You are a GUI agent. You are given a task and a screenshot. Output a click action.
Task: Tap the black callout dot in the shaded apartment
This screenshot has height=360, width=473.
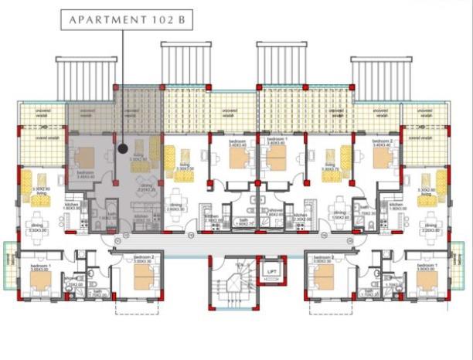point(122,148)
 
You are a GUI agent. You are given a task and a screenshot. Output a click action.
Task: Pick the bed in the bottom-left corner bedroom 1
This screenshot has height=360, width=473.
point(38,279)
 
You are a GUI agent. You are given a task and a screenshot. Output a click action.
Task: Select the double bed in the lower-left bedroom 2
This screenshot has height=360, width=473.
point(144,279)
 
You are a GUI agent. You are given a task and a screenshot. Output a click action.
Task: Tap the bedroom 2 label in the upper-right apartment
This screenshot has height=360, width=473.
point(383,141)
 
